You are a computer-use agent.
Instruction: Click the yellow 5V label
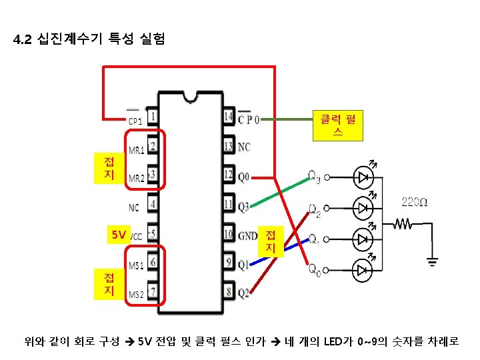point(119,235)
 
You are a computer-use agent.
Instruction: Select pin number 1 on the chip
point(153,117)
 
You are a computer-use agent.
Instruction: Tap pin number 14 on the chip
point(229,117)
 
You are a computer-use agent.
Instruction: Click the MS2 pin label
point(136,294)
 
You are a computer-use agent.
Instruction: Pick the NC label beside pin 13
point(245,147)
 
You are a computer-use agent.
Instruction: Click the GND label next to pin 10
point(248,235)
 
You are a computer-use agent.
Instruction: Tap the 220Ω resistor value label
point(414,201)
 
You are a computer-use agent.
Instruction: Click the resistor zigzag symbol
point(404,225)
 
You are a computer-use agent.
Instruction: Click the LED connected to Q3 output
point(363,177)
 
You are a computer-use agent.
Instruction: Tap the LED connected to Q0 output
point(363,269)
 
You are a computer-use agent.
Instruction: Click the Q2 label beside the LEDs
point(314,211)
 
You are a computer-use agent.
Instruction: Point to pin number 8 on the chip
point(229,293)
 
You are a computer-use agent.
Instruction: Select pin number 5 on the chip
point(153,235)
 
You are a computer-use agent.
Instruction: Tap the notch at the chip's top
point(191,97)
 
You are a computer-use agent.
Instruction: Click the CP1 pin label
point(135,121)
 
